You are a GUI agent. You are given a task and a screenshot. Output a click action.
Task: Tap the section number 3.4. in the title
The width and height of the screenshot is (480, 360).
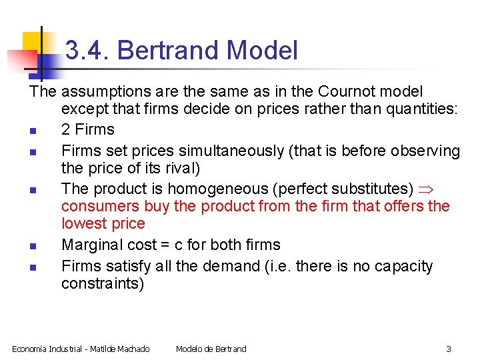coord(91,51)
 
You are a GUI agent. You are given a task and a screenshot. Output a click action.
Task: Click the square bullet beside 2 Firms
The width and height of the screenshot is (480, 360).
coord(32,131)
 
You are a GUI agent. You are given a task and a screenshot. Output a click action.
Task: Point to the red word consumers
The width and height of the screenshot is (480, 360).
coord(99,207)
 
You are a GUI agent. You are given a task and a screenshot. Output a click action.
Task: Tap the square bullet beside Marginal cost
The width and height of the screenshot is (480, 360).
coord(32,246)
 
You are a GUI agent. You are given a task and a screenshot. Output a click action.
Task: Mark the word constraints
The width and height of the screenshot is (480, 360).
coord(102,283)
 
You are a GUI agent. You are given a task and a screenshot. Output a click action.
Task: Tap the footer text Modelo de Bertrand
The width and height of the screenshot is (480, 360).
coord(211,349)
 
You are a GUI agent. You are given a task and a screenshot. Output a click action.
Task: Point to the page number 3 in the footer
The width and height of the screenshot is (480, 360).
coord(449,349)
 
